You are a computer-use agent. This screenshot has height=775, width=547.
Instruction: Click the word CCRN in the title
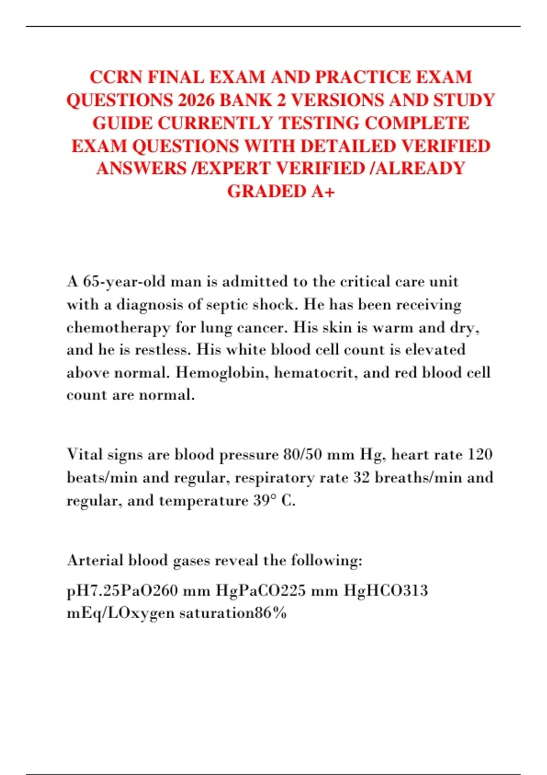click(116, 77)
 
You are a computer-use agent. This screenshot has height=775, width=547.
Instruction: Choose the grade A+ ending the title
click(323, 191)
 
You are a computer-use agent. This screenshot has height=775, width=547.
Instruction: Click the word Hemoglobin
click(218, 373)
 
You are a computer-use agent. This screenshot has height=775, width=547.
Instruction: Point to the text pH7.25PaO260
click(122, 591)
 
